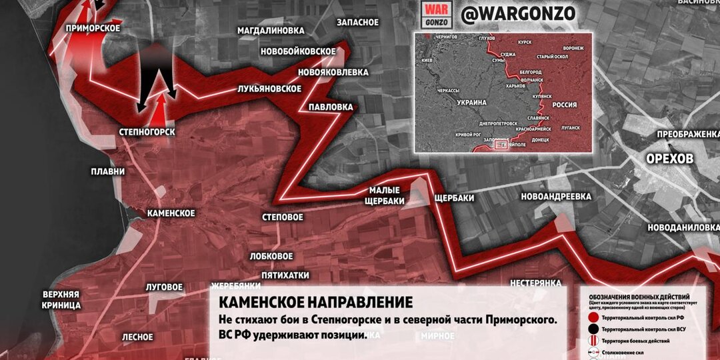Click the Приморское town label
click(93, 28)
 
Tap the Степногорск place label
click(147, 132)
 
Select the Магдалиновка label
click(271, 31)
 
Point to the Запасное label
click(357, 22)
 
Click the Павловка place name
click(330, 106)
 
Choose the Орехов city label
click(670, 159)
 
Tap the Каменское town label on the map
click(171, 213)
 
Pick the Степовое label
click(283, 217)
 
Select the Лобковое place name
click(271, 256)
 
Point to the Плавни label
click(108, 171)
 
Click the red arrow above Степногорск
click(161, 107)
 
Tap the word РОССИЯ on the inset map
click(564, 105)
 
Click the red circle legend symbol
click(594, 318)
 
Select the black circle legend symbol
click(594, 329)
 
